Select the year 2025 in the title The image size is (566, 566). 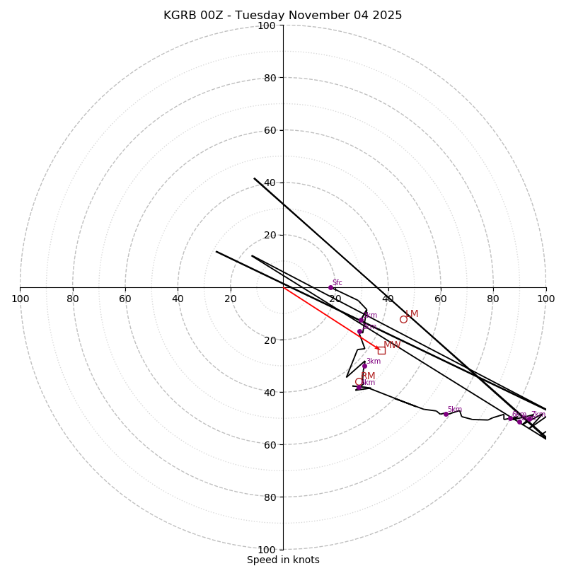pyautogui.click(x=386, y=16)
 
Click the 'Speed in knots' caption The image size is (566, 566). pyautogui.click(x=283, y=560)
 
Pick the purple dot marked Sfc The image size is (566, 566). pyautogui.click(x=330, y=287)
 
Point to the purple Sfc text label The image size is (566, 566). pyautogui.click(x=337, y=283)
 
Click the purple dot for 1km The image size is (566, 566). pyautogui.click(x=361, y=320)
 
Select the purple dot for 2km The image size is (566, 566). pyautogui.click(x=359, y=331)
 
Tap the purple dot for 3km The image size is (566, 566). pyautogui.click(x=364, y=366)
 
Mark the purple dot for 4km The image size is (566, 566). pyautogui.click(x=359, y=387)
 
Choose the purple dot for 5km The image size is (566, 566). pyautogui.click(x=446, y=414)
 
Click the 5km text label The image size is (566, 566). pyautogui.click(x=454, y=410)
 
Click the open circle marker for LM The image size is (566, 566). pyautogui.click(x=403, y=319)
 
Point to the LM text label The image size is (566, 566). pyautogui.click(x=412, y=314)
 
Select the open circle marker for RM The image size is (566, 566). pyautogui.click(x=359, y=381)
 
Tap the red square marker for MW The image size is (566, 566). pyautogui.click(x=381, y=350)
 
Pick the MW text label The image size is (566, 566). pyautogui.click(x=392, y=345)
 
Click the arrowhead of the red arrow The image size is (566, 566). pyautogui.click(x=378, y=348)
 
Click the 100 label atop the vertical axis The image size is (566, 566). pyautogui.click(x=267, y=25)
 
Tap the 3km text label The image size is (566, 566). pyautogui.click(x=374, y=362)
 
